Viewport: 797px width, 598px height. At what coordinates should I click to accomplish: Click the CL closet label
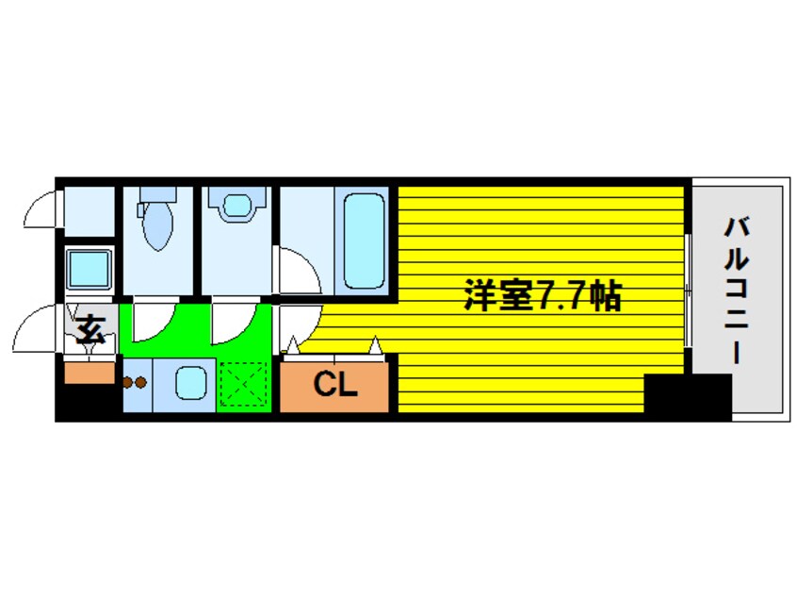tap(334, 385)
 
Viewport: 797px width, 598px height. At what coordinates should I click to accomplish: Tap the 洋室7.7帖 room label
tap(541, 298)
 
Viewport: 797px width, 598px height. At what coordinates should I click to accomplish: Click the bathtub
tap(363, 241)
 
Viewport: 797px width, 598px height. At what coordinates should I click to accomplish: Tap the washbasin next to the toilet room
tap(235, 207)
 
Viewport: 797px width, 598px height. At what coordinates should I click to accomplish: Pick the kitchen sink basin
tap(194, 384)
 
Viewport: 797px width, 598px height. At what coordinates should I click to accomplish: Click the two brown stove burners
tap(135, 383)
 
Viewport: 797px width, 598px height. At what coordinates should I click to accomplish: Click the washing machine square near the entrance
tap(90, 270)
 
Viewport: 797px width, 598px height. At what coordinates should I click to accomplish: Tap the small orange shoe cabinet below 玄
tap(90, 372)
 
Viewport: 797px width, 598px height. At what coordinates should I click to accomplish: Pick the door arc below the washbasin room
tap(230, 323)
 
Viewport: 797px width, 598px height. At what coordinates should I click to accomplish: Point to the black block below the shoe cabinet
tap(88, 403)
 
